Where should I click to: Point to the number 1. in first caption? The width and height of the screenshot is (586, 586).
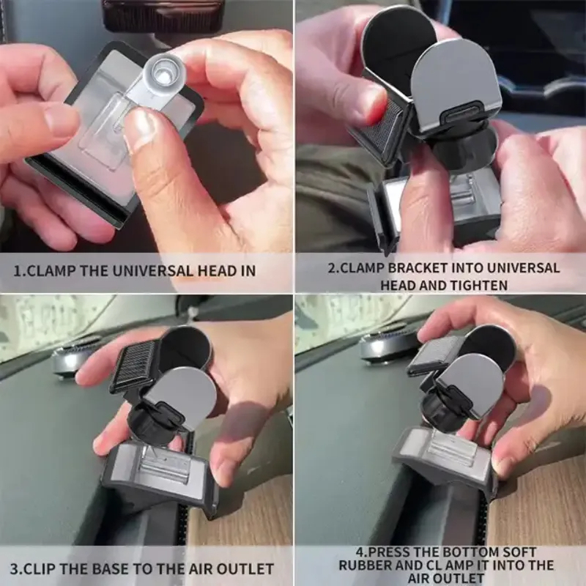tap(22, 270)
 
